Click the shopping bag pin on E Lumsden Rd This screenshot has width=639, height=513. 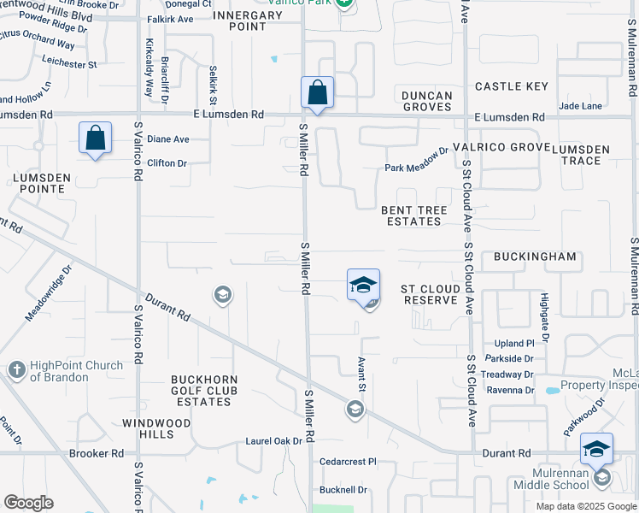coord(317,92)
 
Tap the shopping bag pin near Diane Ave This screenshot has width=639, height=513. coord(96,139)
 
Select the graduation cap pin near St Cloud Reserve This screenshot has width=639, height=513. coord(363,285)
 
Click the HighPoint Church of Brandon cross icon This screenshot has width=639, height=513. coord(16,370)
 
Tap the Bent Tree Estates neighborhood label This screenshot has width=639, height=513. coord(411,215)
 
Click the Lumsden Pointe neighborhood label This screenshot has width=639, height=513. coord(36,178)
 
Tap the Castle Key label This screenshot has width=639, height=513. coord(511,86)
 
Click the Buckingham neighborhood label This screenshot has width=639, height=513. coord(535,256)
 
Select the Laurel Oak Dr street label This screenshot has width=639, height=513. coord(274,441)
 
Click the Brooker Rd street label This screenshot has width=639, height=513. coord(97,453)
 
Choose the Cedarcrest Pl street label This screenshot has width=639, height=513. coord(348,462)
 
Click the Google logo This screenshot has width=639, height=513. coord(28,503)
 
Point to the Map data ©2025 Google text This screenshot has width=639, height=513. coord(585,506)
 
